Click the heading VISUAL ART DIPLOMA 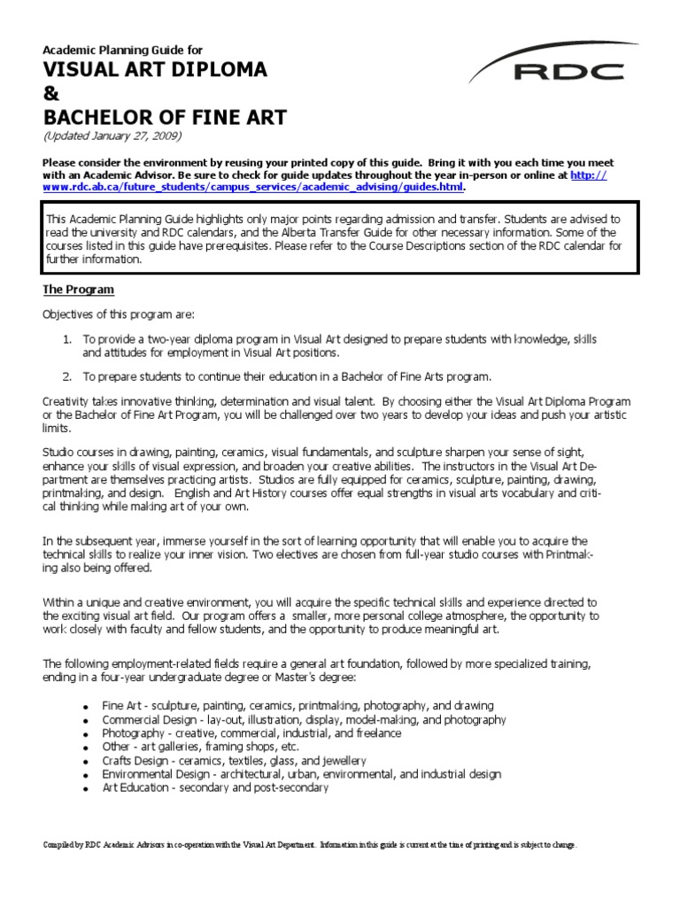coord(155,70)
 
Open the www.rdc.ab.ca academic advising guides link coord(253,187)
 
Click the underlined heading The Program coord(79,290)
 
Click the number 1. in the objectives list coord(66,339)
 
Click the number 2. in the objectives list coord(66,376)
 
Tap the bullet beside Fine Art coord(85,706)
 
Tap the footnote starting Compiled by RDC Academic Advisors coord(310,844)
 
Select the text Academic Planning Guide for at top coord(123,49)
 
